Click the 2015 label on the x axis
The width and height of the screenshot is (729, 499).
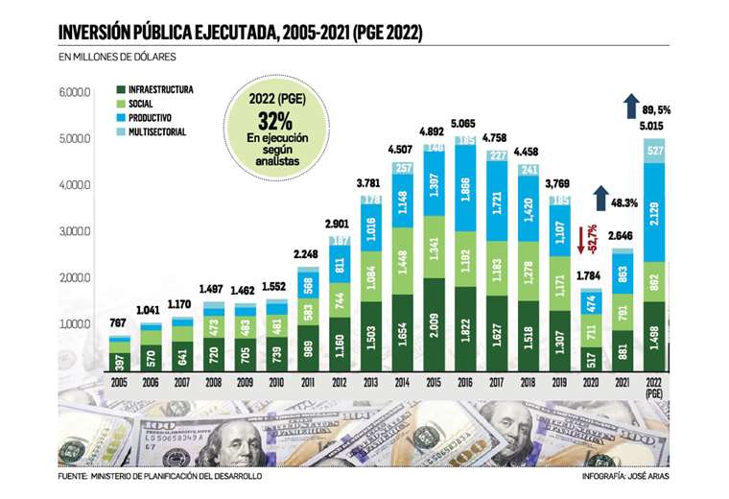(433, 380)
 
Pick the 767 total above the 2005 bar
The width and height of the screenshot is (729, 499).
(120, 322)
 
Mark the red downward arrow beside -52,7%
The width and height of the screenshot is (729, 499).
(580, 238)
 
